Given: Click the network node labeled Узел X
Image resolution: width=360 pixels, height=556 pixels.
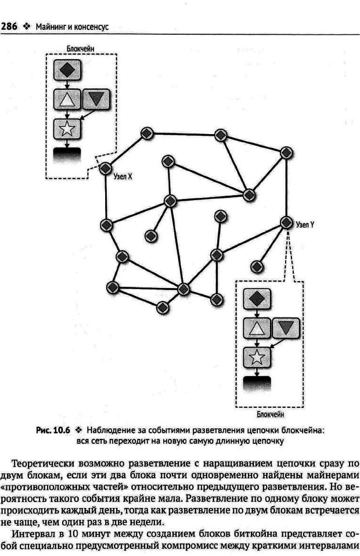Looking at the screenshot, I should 105,168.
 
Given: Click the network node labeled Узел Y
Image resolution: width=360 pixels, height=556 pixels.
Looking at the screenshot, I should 286,222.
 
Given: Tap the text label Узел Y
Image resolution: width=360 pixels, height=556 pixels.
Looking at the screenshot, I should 305,223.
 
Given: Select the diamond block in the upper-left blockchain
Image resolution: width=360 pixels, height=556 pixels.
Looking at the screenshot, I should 67,70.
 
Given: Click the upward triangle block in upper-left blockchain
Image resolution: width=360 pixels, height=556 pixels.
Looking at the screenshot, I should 67,100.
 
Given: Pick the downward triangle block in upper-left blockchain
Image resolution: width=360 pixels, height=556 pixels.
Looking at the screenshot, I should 96,100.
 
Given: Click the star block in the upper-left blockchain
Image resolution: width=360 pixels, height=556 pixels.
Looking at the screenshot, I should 67,129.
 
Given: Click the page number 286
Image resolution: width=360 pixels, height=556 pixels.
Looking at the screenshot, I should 12,26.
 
